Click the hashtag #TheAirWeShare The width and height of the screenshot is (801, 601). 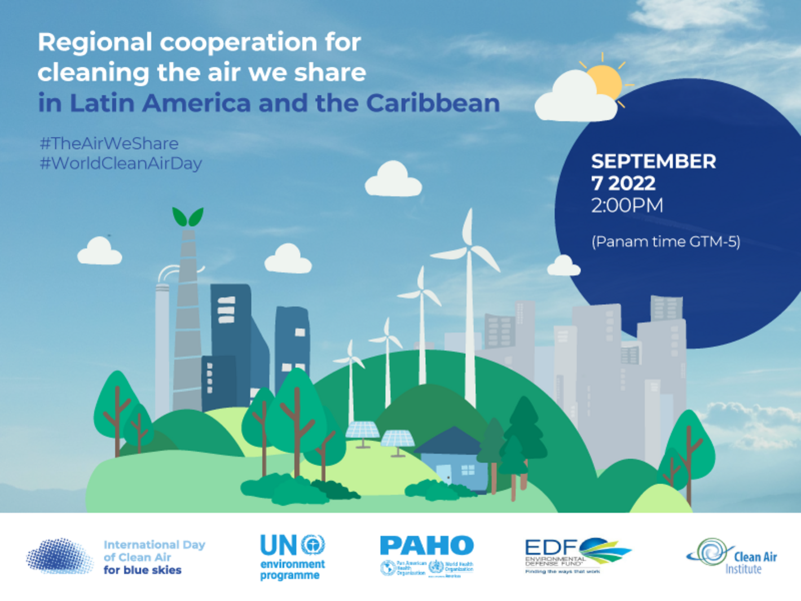coord(109,143)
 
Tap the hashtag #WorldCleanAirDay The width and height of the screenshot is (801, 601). coord(121,164)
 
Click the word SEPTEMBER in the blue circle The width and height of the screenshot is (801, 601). coord(653,161)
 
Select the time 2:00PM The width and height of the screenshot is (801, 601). coord(627,205)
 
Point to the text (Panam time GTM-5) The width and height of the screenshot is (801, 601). coord(666,242)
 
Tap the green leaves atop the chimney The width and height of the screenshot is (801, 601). coord(187,217)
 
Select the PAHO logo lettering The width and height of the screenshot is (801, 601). coord(426,546)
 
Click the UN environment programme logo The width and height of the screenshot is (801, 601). coord(292,557)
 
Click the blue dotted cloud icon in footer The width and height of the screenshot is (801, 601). coord(59,556)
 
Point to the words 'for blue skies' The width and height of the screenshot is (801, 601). coord(142,570)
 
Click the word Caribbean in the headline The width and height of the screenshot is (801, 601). coord(433,103)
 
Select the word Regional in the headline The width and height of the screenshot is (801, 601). coord(95,42)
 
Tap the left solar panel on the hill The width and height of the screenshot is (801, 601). coord(362,431)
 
